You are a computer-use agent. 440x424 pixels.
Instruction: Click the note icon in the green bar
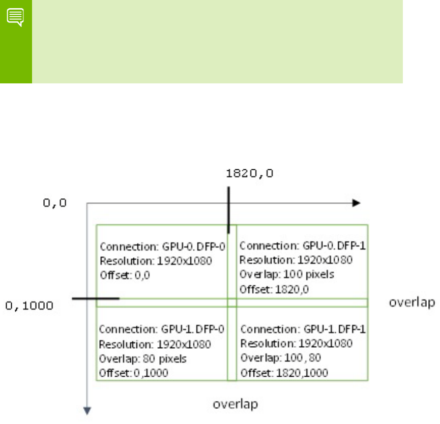(16, 18)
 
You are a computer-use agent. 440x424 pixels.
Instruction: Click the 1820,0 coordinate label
(250, 173)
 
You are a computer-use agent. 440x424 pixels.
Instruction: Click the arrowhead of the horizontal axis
(356, 203)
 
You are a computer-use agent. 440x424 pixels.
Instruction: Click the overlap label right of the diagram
(412, 303)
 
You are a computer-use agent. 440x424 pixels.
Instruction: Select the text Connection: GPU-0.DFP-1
(303, 246)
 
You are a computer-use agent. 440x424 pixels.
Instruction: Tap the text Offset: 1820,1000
(283, 373)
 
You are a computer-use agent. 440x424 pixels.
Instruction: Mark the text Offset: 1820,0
(275, 289)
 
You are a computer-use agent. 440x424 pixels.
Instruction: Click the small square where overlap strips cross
(232, 302)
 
